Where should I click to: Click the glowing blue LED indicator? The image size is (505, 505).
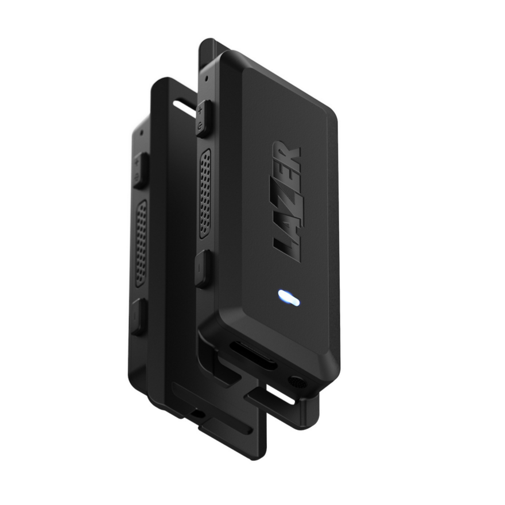pos(287,297)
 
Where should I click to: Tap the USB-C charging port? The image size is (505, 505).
pos(253,355)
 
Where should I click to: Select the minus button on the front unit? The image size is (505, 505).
pos(202,269)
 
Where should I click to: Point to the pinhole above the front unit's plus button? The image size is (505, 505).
pos(204,76)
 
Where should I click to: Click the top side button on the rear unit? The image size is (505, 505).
pos(139,170)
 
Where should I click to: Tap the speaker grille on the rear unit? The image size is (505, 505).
pos(141,243)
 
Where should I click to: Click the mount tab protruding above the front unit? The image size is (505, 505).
pos(208,49)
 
